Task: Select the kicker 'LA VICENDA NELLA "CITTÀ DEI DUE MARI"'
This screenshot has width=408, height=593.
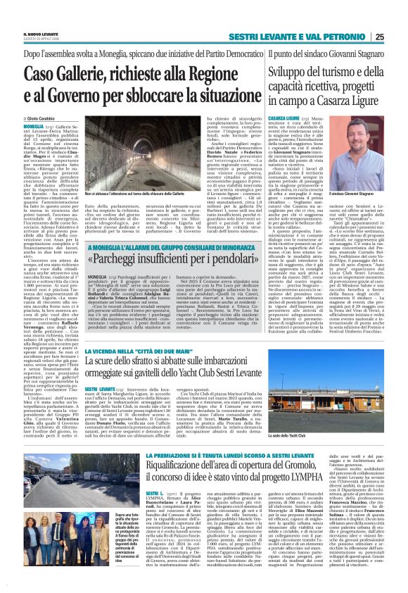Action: [146, 351]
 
